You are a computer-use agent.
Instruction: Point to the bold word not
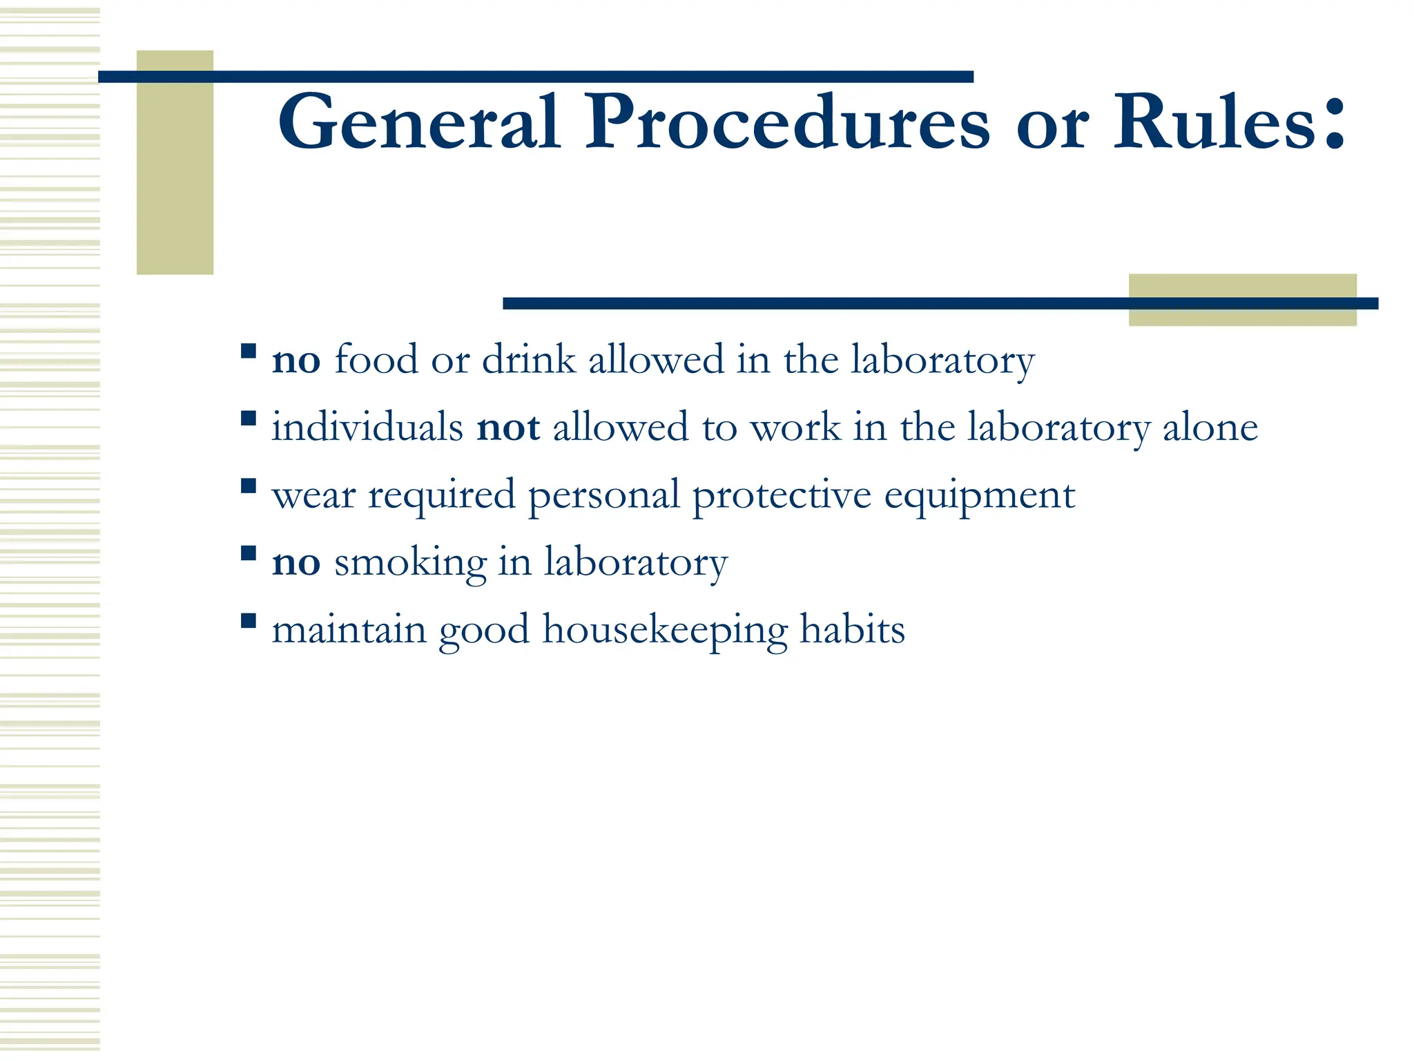508,427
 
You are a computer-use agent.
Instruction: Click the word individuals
367,427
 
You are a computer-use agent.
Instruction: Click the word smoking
410,562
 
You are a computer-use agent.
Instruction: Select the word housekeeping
665,630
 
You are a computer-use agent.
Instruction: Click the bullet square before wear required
249,486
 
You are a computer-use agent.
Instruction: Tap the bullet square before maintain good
249,620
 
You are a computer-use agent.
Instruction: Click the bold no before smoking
296,562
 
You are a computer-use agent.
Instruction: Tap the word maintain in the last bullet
349,629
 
